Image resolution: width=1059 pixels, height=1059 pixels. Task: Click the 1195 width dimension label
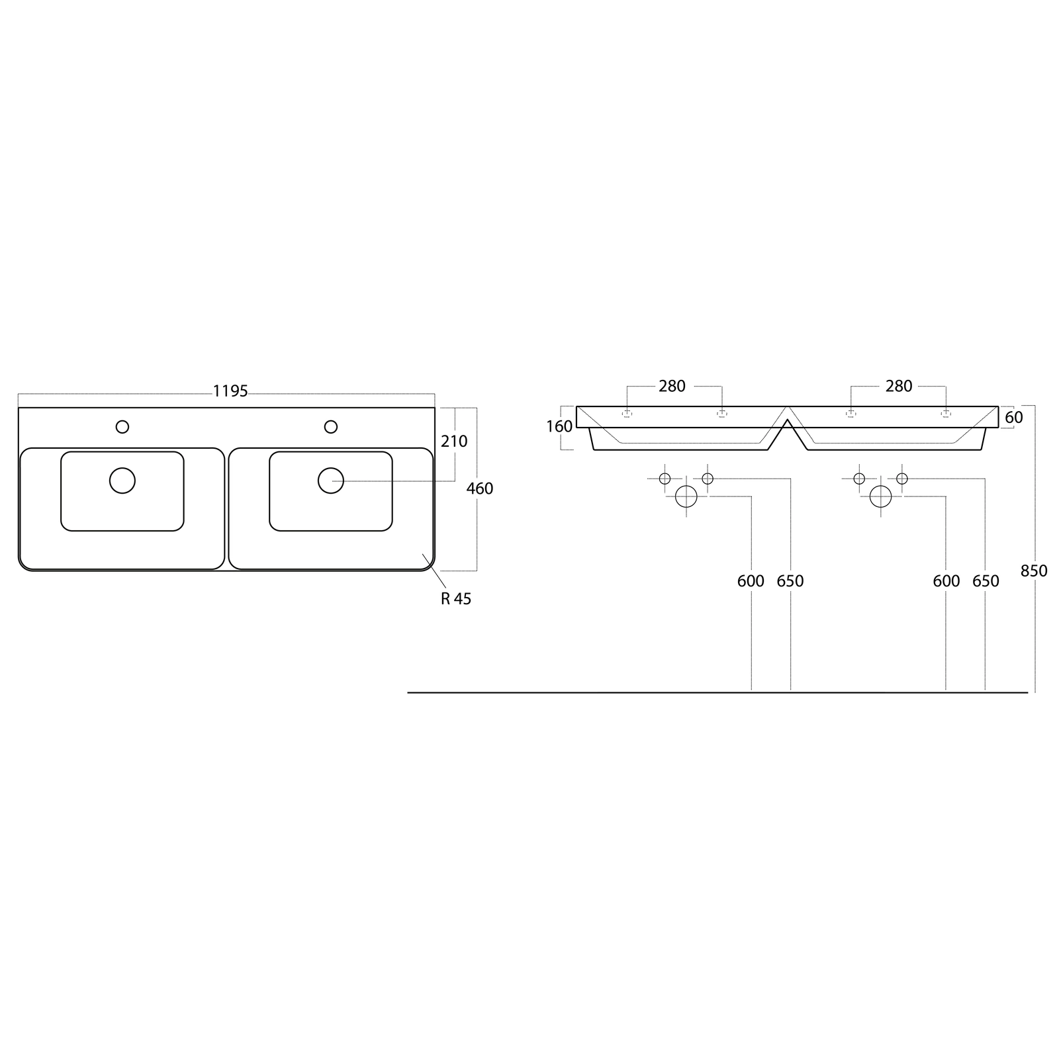230,391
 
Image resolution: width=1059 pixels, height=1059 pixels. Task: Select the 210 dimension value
454,441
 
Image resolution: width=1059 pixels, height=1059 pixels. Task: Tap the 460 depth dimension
480,488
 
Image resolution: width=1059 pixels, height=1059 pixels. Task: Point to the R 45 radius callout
456,598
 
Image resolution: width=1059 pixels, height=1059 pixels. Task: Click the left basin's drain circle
122,481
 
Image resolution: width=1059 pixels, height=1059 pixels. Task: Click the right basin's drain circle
331,481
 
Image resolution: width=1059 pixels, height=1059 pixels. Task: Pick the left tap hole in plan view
122,427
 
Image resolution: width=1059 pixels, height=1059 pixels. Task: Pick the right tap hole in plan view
331,427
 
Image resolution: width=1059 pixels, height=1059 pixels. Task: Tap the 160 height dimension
559,427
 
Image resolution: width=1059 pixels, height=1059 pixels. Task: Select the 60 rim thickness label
1014,418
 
